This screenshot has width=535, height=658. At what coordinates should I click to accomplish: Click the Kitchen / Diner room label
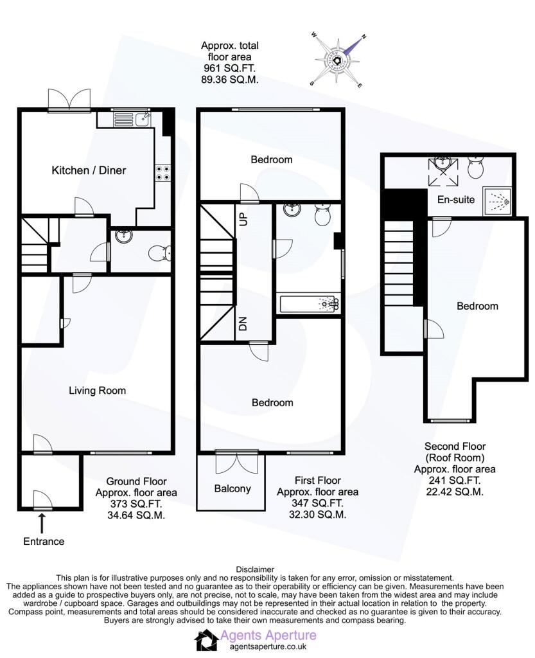click(x=89, y=170)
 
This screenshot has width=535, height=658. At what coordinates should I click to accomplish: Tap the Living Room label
click(x=97, y=391)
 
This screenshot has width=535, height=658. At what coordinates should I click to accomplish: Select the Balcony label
click(x=232, y=489)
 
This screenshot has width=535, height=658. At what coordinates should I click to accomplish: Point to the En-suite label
click(x=456, y=199)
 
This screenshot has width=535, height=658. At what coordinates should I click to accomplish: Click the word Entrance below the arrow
click(x=44, y=541)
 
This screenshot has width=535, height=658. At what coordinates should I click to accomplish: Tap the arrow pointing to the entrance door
click(x=42, y=523)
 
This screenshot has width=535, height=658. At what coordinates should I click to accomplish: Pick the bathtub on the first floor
click(x=308, y=304)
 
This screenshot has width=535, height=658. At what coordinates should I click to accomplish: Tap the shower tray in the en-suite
click(x=497, y=201)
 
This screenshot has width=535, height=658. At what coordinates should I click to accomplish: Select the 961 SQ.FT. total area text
click(x=230, y=68)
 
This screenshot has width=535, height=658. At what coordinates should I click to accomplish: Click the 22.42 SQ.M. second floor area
click(x=455, y=492)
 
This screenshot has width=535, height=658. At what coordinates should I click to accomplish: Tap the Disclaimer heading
click(x=255, y=569)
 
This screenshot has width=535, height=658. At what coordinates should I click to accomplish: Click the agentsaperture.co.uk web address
click(x=268, y=647)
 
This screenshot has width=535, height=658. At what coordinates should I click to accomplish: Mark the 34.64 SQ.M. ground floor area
click(x=136, y=515)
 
